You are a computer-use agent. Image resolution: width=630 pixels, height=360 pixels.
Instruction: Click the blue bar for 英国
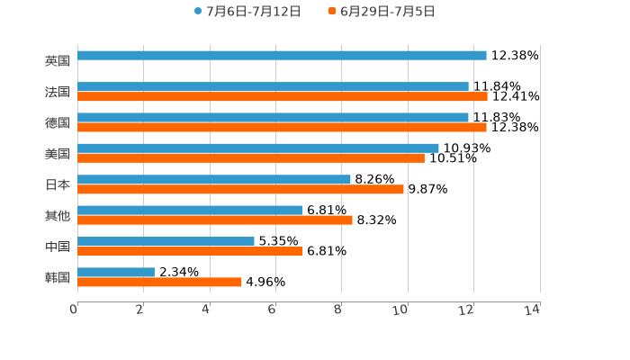282,56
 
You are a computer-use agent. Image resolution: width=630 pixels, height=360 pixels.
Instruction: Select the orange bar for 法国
283,96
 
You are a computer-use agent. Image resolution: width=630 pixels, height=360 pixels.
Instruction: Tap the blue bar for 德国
273,117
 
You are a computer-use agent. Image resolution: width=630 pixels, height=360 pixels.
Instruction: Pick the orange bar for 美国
251,157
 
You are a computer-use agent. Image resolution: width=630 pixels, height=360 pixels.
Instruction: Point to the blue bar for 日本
214,179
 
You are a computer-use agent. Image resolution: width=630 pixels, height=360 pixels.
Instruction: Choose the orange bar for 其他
215,220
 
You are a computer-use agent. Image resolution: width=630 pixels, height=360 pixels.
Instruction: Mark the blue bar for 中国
166,241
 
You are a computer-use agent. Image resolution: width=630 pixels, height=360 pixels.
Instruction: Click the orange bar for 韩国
159,282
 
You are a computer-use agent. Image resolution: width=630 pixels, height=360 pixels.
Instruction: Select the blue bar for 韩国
116,272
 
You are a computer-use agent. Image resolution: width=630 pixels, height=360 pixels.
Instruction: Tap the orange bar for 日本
240,189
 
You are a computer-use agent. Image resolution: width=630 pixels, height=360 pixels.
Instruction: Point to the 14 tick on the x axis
533,310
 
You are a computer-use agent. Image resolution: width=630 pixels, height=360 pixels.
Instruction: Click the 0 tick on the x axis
74,310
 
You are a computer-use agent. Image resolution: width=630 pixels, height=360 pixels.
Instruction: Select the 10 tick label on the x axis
401,310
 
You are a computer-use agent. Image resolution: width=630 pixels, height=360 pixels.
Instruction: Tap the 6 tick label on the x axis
272,310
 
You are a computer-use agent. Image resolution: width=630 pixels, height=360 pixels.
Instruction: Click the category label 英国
58,61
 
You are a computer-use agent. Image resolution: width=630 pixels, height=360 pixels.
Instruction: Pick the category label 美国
58,154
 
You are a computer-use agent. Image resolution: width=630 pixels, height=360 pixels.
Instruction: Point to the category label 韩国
58,277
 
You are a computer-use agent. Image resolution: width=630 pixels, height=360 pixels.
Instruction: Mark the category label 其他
58,216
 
